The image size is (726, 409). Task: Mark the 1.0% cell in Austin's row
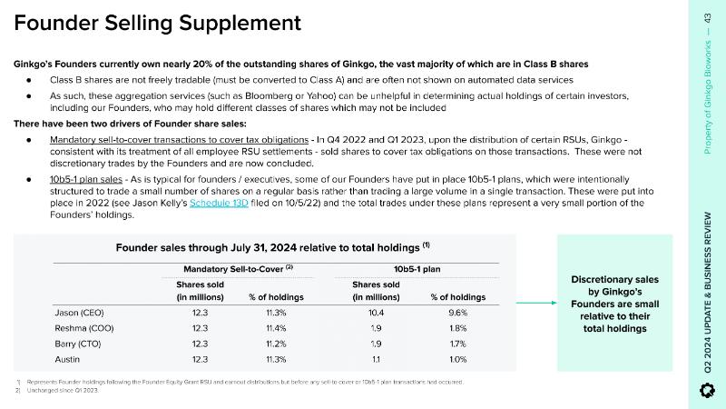click(x=461, y=359)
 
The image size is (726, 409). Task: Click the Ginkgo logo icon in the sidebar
click(x=709, y=390)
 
